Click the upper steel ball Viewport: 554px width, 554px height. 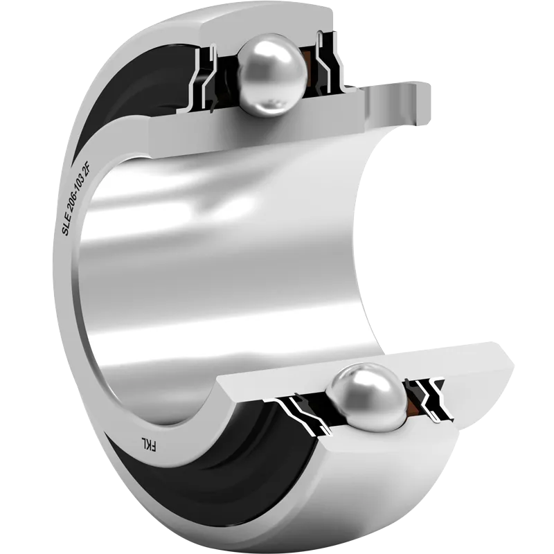[x=272, y=75]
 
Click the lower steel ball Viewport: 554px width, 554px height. [x=366, y=397]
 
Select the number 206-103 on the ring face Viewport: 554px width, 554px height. [x=78, y=194]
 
